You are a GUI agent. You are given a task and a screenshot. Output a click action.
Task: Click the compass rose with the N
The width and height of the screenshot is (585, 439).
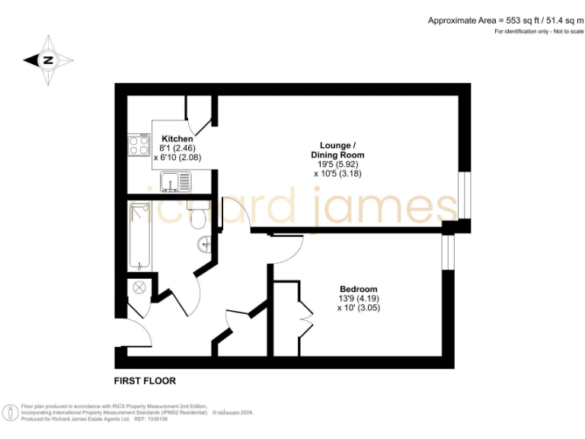pyautogui.click(x=48, y=59)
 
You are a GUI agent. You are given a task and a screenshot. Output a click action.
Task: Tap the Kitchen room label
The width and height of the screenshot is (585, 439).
pyautogui.click(x=177, y=139)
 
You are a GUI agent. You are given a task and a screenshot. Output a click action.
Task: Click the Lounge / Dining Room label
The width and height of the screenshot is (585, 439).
pyautogui.click(x=339, y=149)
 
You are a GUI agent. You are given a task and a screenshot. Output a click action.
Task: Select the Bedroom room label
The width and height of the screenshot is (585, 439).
pyautogui.click(x=358, y=290)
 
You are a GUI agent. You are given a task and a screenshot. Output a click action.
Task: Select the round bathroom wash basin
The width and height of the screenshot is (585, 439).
pyautogui.click(x=205, y=245)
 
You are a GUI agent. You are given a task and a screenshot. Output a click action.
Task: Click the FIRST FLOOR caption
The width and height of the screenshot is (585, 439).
pyautogui.click(x=145, y=380)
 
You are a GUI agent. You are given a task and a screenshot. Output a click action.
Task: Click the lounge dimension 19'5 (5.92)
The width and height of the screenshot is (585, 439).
pyautogui.click(x=338, y=164)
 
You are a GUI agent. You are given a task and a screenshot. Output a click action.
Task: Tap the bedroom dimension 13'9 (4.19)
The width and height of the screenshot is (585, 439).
pyautogui.click(x=358, y=299)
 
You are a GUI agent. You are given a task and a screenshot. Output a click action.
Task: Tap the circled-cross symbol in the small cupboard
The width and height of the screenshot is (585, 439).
pyautogui.click(x=139, y=288)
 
